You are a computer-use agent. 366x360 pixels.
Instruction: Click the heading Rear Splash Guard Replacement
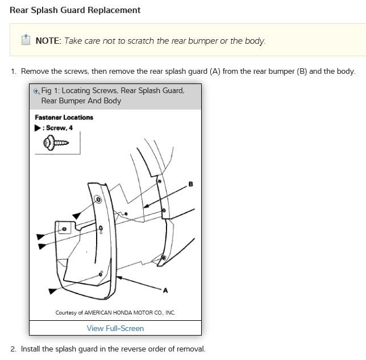[x=75, y=10]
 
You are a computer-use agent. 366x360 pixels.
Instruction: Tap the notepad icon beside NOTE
[x=25, y=40]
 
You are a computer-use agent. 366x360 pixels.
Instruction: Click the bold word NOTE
[x=48, y=40]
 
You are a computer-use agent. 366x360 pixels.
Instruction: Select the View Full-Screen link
[x=115, y=328]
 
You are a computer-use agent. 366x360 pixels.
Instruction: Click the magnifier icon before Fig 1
[x=36, y=91]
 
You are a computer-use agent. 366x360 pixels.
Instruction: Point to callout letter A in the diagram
[x=165, y=291]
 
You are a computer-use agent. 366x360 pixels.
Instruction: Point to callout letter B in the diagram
[x=190, y=184]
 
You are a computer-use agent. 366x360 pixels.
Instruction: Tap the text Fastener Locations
[x=64, y=118]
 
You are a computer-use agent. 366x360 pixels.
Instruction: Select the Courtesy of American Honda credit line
[x=115, y=313]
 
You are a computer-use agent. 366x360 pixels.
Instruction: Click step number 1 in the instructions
[x=13, y=72]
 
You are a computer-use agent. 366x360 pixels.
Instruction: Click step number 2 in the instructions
[x=13, y=349]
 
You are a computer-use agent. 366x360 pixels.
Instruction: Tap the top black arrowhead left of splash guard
[x=76, y=216]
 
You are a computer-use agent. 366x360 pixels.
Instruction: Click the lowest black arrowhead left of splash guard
[x=52, y=291]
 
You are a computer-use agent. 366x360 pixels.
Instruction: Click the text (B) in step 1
[x=302, y=72]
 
